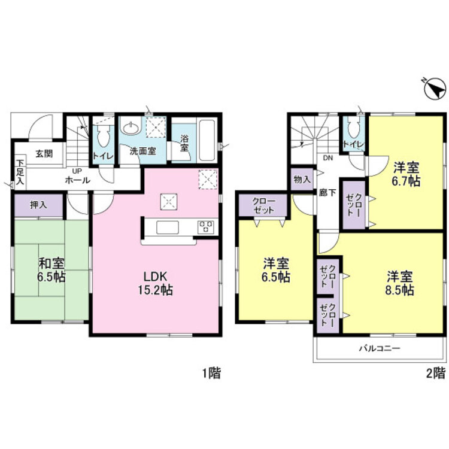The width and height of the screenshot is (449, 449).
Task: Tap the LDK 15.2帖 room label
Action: coord(155,283)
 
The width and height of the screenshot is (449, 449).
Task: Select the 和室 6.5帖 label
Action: coord(51,270)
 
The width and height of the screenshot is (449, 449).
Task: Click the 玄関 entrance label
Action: coord(44,153)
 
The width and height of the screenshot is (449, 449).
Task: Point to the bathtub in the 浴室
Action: coord(207,140)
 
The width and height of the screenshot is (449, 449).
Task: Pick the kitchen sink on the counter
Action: coord(168,227)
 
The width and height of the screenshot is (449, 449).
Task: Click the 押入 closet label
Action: coord(38,205)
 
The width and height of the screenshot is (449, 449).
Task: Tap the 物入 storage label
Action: coord(302,180)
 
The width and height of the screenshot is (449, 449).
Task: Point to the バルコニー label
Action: coord(380,348)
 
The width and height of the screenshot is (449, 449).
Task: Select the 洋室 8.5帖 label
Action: coord(400,283)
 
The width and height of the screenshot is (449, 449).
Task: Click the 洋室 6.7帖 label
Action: coord(406,174)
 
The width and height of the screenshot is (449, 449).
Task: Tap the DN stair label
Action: coord(328,157)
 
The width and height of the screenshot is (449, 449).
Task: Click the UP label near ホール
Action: coord(77,171)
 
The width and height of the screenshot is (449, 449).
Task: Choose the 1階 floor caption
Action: coord(211,373)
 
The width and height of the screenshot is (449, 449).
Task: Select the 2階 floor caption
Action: coord(436,373)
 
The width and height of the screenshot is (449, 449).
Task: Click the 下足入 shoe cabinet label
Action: coord(20,172)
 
